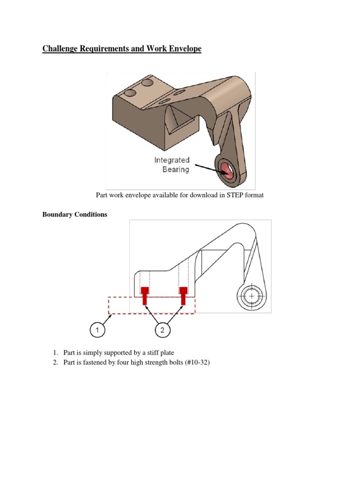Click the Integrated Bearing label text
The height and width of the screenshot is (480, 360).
tap(172, 165)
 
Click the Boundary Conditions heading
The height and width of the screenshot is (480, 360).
tap(75, 215)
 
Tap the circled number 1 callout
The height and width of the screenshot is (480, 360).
tap(97, 330)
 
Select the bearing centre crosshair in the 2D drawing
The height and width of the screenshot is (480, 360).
tap(252, 297)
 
